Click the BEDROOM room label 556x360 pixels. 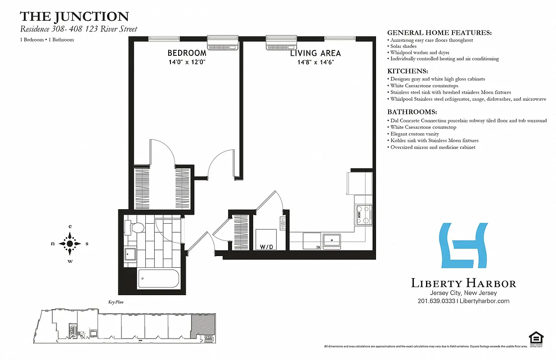(x=187, y=53)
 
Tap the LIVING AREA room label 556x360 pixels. (x=315, y=53)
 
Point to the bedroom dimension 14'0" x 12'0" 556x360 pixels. (x=187, y=63)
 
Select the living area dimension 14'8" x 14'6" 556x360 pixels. (x=315, y=63)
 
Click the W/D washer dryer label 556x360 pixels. (x=266, y=247)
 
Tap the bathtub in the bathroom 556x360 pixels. (x=158, y=279)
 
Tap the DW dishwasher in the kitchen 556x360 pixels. (x=311, y=241)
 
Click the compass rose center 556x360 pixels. (x=70, y=243)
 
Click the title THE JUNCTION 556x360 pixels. (x=74, y=17)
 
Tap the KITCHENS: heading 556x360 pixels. (x=408, y=72)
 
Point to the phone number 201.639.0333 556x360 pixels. (x=436, y=301)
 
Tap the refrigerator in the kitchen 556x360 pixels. (x=359, y=182)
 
